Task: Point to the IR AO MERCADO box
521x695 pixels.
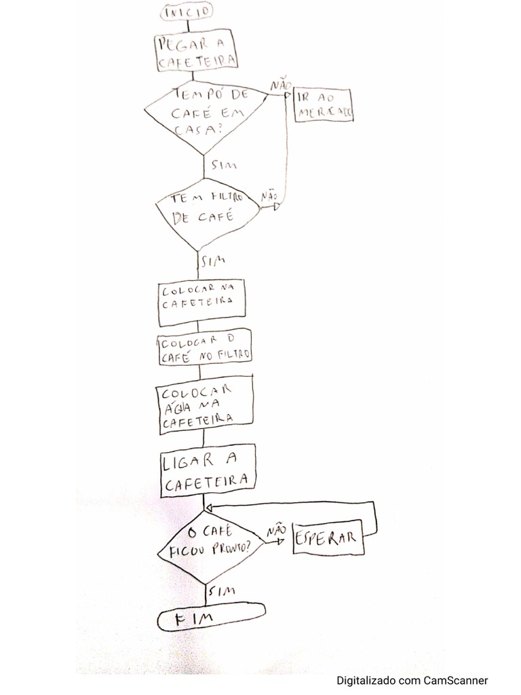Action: pos(323,106)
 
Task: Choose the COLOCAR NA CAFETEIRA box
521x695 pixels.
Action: pos(201,299)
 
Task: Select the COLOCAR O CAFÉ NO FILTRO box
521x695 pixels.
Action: pos(204,347)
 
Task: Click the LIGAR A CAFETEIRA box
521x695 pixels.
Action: pos(208,470)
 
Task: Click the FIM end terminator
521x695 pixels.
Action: pos(211,618)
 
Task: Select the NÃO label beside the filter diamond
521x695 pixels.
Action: pos(269,195)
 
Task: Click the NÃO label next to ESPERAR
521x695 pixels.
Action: pos(275,531)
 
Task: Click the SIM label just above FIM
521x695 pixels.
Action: pos(223,591)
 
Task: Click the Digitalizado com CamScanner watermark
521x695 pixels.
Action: pos(412,680)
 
